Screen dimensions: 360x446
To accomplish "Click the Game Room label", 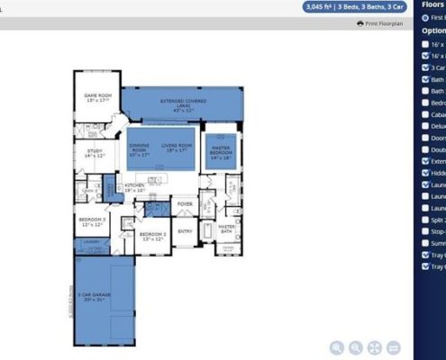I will [97, 97].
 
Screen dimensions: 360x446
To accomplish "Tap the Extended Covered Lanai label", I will [183, 103].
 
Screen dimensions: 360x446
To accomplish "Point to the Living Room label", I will [177, 148].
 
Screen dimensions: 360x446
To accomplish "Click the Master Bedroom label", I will [221, 152].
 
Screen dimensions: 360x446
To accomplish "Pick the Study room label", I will [95, 153].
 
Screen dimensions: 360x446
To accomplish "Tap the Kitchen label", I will [134, 188].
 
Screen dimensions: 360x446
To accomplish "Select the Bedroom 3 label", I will [92, 221].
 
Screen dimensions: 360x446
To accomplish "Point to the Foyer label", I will [185, 204].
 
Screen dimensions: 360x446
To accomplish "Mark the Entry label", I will [185, 231].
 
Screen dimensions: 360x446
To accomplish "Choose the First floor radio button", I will [425, 17].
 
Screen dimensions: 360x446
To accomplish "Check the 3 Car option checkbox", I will [425, 67].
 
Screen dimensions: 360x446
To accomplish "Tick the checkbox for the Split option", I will [425, 219].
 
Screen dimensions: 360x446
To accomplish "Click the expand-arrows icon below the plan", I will [376, 347].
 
